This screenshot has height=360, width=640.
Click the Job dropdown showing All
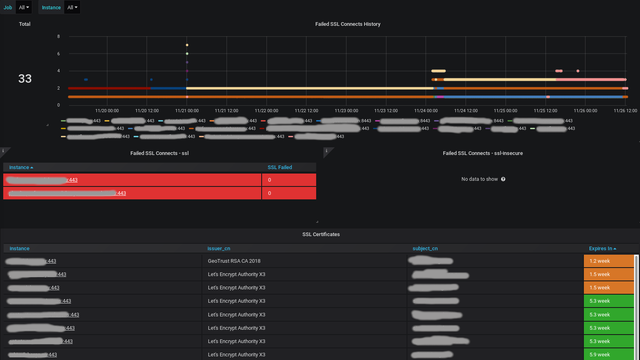point(24,7)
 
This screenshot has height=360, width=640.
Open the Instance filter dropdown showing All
point(72,7)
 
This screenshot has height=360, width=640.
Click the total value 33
point(25,79)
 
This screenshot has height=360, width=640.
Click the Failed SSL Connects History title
point(348,24)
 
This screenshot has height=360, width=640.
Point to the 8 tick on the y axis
point(59,37)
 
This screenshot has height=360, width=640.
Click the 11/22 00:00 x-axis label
point(266,111)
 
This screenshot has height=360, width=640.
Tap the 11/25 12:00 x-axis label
point(545,111)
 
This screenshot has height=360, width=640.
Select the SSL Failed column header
point(280,167)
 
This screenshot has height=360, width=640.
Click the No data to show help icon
point(503,179)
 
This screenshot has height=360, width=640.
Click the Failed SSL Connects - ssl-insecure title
point(483,153)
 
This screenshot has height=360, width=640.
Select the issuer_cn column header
point(219,249)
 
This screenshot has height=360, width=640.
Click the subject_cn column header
point(425,249)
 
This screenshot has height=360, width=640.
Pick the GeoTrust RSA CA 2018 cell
point(234,261)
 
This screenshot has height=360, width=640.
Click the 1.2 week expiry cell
point(609,261)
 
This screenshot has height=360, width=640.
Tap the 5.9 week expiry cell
point(609,355)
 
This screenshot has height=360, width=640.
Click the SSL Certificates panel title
point(321,234)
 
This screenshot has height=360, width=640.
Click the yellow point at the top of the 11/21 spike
point(187,45)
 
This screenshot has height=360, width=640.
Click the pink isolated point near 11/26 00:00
point(578,71)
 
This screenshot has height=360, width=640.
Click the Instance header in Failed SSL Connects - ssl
point(19,167)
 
